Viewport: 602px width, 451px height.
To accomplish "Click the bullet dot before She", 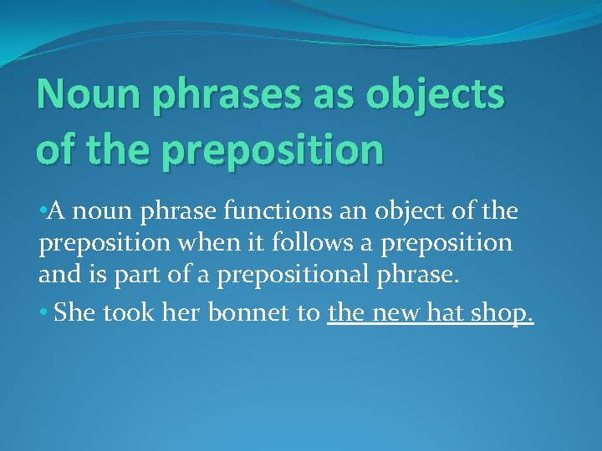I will pos(43,312).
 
